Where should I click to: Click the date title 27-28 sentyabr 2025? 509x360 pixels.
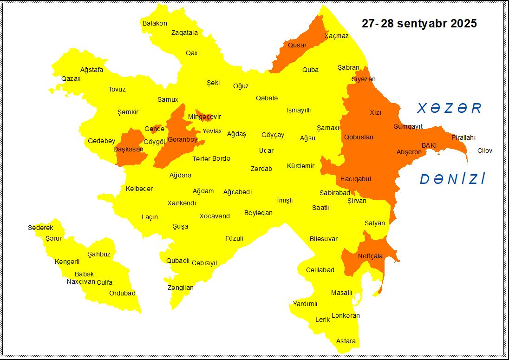pos(419,24)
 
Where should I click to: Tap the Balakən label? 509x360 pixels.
pos(155,23)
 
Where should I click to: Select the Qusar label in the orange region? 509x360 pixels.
pos(297,45)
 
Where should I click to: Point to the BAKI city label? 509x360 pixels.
pos(429,145)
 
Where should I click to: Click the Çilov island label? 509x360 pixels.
pos(484,151)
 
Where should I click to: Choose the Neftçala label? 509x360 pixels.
pos(370,256)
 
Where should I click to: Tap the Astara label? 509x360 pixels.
pos(346,341)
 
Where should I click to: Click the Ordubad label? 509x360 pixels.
pos(122,293)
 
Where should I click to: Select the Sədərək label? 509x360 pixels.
pos(40,228)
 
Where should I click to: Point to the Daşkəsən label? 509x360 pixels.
pos(128,149)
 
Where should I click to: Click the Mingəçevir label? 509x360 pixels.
pos(204,117)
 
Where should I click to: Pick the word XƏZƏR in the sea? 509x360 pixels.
pos(449,109)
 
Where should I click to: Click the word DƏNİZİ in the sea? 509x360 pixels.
pos(452,179)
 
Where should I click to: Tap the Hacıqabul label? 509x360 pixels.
pos(355,179)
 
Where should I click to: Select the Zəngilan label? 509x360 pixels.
pos(180,288)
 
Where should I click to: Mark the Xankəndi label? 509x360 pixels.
pos(182,203)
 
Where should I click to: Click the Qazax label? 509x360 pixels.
pos(71,79)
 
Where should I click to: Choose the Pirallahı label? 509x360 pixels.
pos(463,137)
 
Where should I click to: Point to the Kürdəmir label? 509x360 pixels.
pos(300,166)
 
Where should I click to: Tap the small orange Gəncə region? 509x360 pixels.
pos(157,129)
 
